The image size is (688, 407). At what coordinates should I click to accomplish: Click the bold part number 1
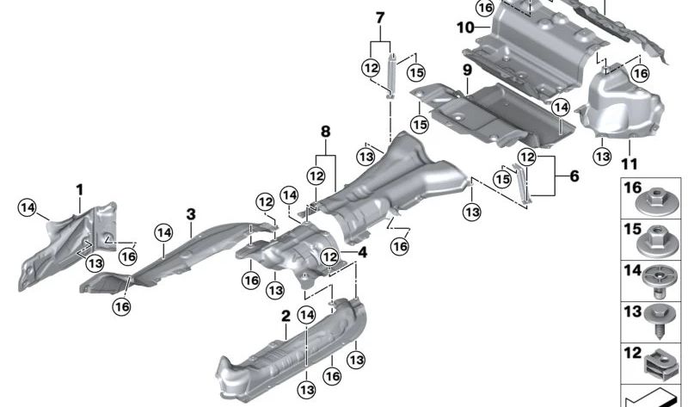79,188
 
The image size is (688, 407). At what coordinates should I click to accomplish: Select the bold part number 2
286,317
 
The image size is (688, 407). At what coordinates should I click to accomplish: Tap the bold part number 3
191,213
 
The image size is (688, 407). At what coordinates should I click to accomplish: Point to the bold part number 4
363,253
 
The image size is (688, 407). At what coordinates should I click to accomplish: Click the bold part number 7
380,16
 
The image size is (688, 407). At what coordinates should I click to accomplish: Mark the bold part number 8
325,132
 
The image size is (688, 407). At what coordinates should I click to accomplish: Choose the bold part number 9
467,69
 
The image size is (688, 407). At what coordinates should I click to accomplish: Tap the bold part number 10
465,28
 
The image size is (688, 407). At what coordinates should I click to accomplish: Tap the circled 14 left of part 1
28,206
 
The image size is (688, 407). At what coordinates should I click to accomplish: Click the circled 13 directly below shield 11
602,156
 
